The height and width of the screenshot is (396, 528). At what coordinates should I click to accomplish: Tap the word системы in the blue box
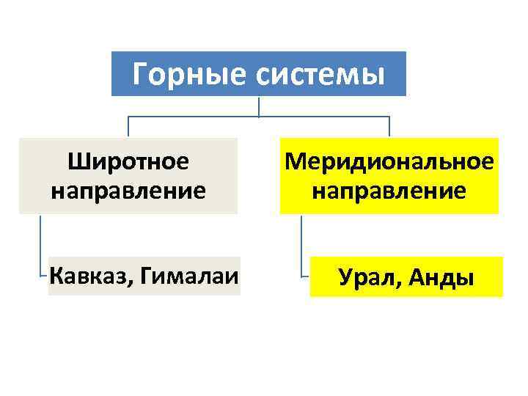(x=319, y=74)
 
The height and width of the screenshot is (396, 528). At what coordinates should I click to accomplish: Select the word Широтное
(x=128, y=161)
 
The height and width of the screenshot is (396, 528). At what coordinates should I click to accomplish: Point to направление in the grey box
(x=128, y=191)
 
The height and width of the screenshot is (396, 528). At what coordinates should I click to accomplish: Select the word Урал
(x=365, y=278)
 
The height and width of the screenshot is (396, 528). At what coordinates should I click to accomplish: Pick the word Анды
(x=440, y=278)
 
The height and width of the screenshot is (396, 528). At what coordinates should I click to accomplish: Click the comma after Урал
(x=398, y=285)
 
